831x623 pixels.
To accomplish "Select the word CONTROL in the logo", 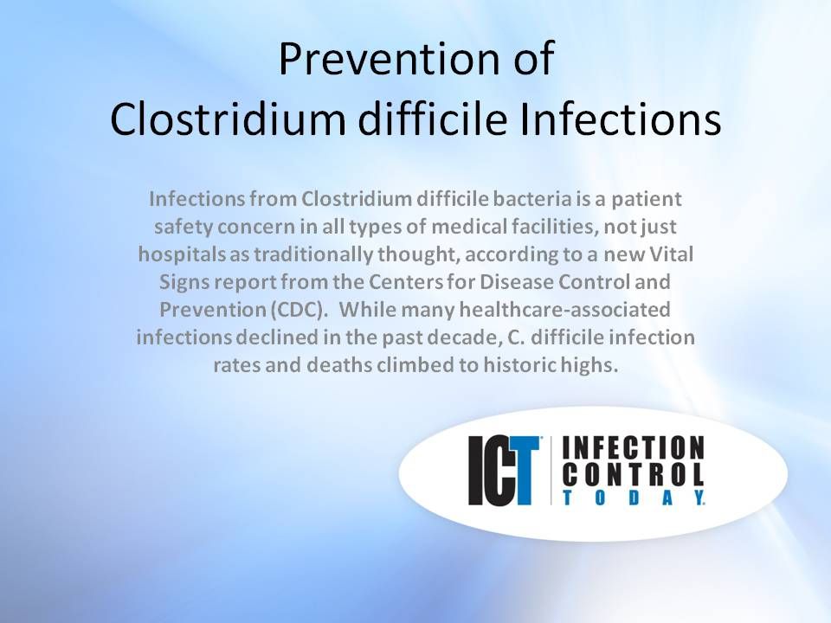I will coord(634,474).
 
